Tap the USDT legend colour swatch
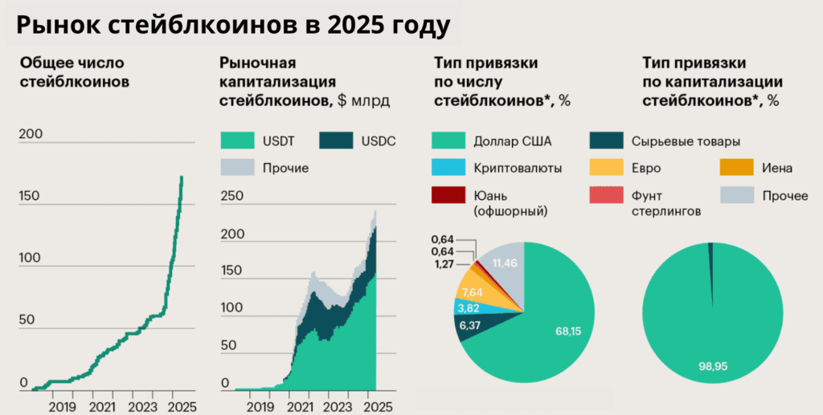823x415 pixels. click(x=238, y=141)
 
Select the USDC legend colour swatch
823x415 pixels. click(x=337, y=141)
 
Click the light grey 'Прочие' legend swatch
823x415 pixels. click(x=238, y=167)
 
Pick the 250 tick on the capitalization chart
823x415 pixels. click(x=231, y=196)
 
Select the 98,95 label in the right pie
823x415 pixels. click(x=712, y=366)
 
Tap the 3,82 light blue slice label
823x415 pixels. click(x=469, y=307)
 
